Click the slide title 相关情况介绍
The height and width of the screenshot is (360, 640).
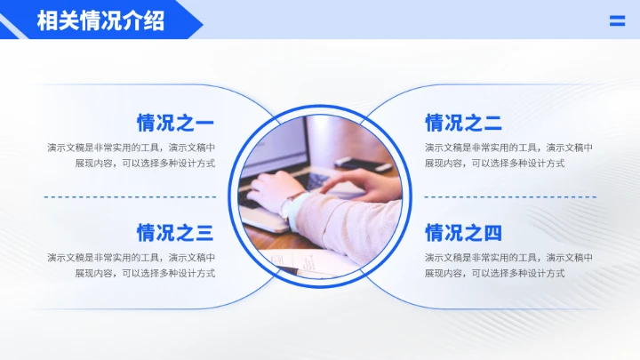pyautogui.click(x=100, y=20)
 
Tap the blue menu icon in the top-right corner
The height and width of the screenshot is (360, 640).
pyautogui.click(x=617, y=21)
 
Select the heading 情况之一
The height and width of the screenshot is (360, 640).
pyautogui.click(x=175, y=123)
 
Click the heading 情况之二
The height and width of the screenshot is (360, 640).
pyautogui.click(x=463, y=123)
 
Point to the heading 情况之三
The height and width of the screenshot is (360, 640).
pyautogui.click(x=175, y=233)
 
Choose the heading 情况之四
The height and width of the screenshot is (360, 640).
pyautogui.click(x=463, y=233)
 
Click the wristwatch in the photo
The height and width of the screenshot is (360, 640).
pyautogui.click(x=292, y=207)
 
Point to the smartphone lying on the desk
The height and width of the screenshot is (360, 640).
pyautogui.click(x=363, y=164)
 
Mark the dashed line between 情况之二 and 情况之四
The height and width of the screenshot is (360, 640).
pyautogui.click(x=508, y=196)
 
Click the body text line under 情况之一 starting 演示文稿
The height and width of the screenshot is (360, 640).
pyautogui.click(x=132, y=148)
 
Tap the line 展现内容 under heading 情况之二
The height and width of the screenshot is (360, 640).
pyautogui.click(x=494, y=164)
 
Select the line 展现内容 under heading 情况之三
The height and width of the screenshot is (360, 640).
pyautogui.click(x=145, y=274)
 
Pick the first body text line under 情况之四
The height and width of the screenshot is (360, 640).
pyautogui.click(x=508, y=258)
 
